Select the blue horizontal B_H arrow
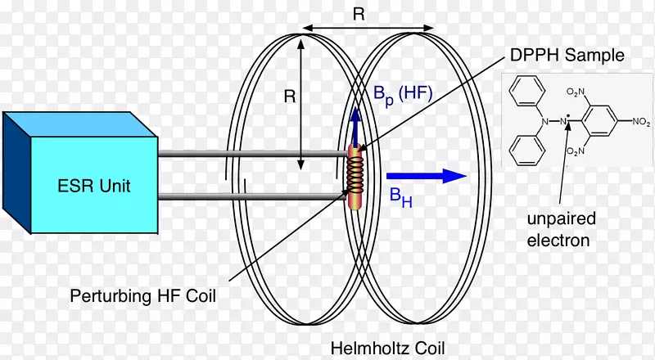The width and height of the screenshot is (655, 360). [425, 174]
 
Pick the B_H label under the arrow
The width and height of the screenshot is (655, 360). [400, 197]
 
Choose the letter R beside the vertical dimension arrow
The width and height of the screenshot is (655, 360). [288, 97]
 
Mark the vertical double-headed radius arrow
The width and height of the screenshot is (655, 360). [302, 103]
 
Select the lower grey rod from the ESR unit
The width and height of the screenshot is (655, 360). [246, 195]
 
